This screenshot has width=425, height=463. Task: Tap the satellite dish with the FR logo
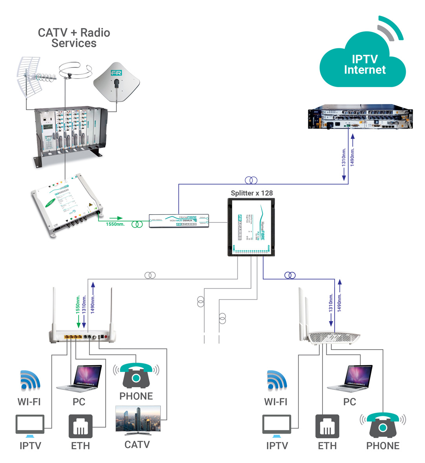click(x=116, y=82)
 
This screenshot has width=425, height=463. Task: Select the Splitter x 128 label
click(x=251, y=193)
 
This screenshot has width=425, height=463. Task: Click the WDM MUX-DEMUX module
click(x=179, y=221)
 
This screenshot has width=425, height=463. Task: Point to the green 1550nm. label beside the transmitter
click(x=115, y=224)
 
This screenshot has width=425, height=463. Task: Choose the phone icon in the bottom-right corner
click(x=383, y=425)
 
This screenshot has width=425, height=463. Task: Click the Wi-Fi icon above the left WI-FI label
click(x=30, y=380)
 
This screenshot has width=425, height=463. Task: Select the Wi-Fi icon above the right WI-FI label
click(x=277, y=380)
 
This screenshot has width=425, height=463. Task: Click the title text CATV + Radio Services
click(x=74, y=38)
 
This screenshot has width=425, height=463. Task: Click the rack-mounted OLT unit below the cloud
click(x=360, y=117)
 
